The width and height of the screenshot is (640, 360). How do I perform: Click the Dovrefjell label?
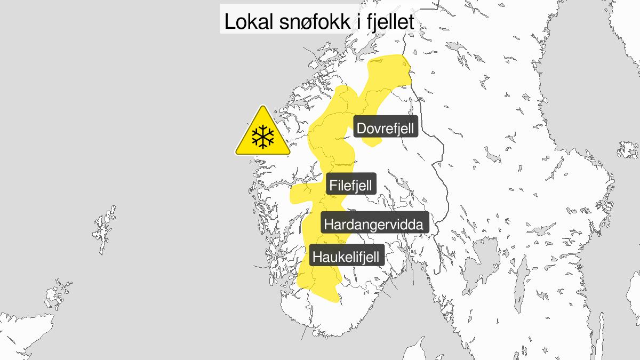385,129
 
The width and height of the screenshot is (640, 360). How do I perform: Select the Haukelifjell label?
346,257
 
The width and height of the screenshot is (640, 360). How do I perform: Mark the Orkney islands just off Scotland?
59,292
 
